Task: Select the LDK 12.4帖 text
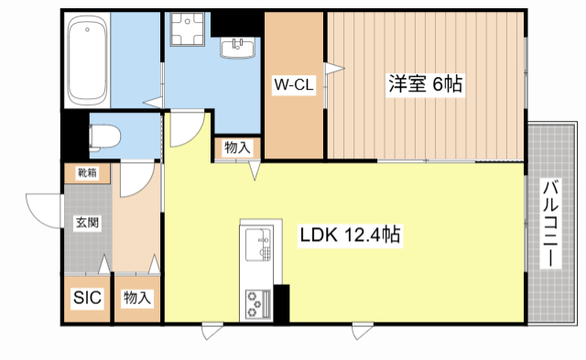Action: pos(349,235)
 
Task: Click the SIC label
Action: pos(86,298)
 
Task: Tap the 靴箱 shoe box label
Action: pos(86,171)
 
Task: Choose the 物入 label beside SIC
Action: pos(137,298)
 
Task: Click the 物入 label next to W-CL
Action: pos(237,148)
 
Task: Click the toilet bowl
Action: pos(104,137)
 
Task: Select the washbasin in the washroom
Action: pos(243,47)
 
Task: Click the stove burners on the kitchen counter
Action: pos(256,300)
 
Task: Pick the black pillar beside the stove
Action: pos(281,303)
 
